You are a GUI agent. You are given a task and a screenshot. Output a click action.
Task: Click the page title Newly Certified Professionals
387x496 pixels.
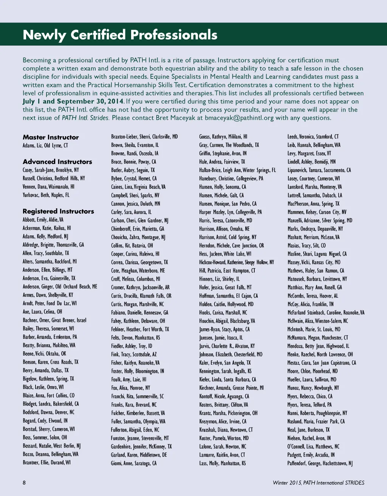pos(120,35)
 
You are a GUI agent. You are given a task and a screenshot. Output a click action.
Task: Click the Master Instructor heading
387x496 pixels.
pos(51,137)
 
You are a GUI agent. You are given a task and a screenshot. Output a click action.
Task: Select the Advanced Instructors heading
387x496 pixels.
pos(57,162)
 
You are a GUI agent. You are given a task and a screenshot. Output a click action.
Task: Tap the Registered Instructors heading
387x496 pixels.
pos(58,211)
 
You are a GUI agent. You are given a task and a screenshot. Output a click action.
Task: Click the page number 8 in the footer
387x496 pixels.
pos(24,482)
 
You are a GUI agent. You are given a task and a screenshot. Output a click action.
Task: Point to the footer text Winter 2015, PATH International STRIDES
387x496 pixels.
pos(318,483)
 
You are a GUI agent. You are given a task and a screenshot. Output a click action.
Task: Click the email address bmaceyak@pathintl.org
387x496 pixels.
pos(239,118)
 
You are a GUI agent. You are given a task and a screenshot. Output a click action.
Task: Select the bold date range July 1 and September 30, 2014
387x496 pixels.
pos(73,101)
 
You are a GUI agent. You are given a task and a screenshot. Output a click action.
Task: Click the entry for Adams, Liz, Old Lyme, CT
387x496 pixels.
pos(45,145)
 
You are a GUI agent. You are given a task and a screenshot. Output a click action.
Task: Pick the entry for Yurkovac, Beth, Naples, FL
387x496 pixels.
pos(46,195)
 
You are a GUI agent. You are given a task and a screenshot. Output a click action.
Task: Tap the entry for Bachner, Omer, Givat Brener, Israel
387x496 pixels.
pos(54,320)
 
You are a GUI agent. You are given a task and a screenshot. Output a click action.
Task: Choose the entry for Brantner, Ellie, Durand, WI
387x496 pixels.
pos(46,463)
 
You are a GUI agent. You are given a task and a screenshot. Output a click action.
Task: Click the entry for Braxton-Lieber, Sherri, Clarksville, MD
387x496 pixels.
pos(144,137)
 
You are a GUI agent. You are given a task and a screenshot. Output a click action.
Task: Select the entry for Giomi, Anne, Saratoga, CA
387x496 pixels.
pos(134,463)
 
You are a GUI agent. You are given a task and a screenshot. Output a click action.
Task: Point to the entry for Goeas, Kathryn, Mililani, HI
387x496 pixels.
pos(223,137)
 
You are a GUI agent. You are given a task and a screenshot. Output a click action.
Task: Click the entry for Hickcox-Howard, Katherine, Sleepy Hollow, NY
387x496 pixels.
pos(237,262)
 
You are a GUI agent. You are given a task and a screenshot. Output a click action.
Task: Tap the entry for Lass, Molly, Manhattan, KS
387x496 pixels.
pos(223,463)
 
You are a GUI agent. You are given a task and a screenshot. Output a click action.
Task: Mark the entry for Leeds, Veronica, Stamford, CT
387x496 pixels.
pos(313,137)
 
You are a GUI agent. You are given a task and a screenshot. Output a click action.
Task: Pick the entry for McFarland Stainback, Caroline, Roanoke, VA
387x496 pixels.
pos(326,313)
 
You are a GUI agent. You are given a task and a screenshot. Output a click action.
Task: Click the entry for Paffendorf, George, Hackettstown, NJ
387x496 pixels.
pos(320,463)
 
